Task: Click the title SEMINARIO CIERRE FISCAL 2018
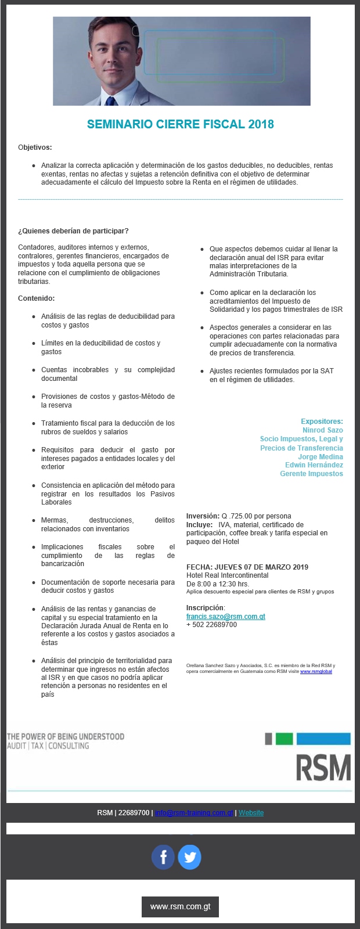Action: click(x=180, y=124)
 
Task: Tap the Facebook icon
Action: click(x=163, y=857)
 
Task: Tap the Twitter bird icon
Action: click(x=189, y=857)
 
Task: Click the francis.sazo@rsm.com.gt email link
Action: click(x=225, y=617)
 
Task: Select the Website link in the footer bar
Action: click(x=251, y=813)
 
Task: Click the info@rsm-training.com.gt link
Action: click(x=194, y=813)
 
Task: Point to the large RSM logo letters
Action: click(x=323, y=768)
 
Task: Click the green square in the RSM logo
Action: click(x=284, y=739)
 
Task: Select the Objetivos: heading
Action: click(x=35, y=147)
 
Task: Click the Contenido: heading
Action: click(x=36, y=298)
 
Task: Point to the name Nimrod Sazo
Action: click(x=322, y=430)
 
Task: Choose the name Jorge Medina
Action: click(x=321, y=457)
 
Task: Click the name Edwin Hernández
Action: click(x=314, y=465)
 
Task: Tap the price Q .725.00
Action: click(x=240, y=516)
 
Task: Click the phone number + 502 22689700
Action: click(x=211, y=625)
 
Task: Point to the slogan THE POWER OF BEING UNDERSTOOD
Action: click(x=66, y=737)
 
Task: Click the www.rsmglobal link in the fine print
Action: click(x=316, y=672)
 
